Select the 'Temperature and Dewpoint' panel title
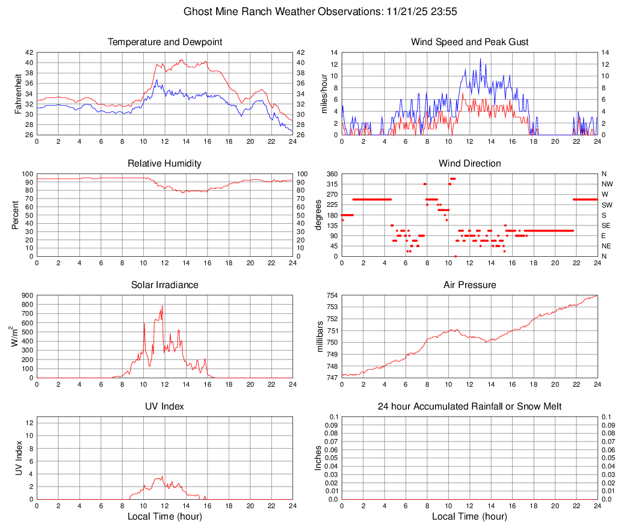coord(165,42)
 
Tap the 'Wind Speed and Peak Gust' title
coord(469,42)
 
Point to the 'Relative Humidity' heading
coord(165,164)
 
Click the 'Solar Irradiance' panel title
coord(165,284)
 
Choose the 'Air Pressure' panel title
coord(469,284)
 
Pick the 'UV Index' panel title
coord(165,407)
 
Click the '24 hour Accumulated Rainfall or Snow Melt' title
coord(469,407)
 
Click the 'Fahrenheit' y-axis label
coord(17,94)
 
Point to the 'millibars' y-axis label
coord(321,337)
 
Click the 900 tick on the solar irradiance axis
coord(27,295)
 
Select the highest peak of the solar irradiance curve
coord(162,306)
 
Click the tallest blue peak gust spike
coord(480,59)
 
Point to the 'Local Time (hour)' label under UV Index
coord(165,517)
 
